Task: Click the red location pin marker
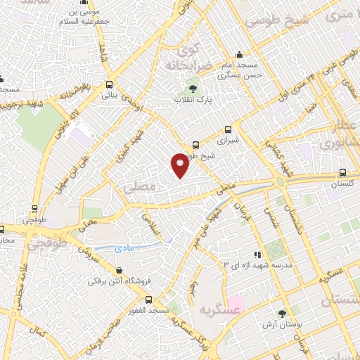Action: pos(180,165)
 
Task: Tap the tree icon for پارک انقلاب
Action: pos(193,89)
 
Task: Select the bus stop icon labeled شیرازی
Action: pos(227,129)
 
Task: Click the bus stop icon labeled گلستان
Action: pos(342,172)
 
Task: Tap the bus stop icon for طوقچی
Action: pos(34,209)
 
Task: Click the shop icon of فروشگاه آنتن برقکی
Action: pos(118,270)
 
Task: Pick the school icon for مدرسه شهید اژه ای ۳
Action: pos(257,254)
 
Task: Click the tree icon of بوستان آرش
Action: pos(282,314)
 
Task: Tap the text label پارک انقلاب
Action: pos(193,101)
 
